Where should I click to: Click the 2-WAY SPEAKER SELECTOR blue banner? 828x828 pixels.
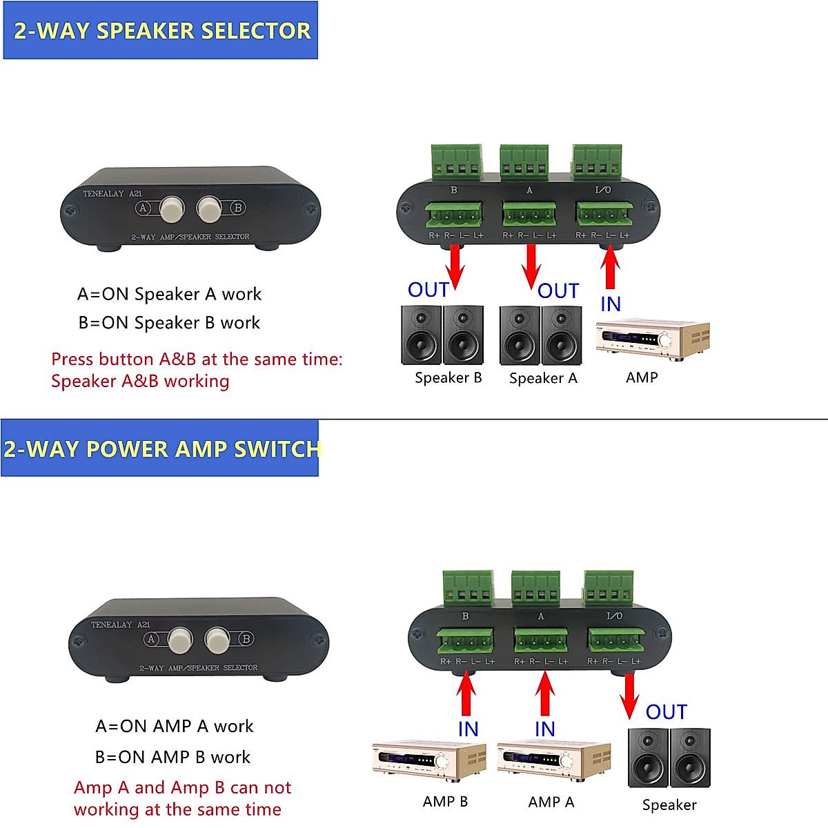(x=160, y=30)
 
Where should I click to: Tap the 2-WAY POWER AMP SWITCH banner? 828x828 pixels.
(x=160, y=448)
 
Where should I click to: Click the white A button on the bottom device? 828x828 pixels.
(x=181, y=640)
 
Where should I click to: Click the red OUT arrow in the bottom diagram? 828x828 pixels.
(x=629, y=696)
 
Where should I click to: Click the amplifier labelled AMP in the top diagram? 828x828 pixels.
(x=652, y=340)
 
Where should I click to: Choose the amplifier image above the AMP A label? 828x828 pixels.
(x=554, y=760)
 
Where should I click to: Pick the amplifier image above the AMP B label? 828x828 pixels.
(x=429, y=760)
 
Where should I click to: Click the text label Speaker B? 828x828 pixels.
(x=448, y=377)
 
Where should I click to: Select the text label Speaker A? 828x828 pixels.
(x=543, y=378)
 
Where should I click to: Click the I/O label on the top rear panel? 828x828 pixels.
(x=602, y=190)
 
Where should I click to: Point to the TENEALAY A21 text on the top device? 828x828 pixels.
(x=112, y=194)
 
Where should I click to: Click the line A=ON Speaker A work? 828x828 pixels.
(x=169, y=295)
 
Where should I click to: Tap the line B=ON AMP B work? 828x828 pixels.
(x=172, y=757)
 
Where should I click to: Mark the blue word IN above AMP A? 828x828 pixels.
(x=545, y=729)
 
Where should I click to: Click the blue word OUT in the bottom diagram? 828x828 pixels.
(x=667, y=712)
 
